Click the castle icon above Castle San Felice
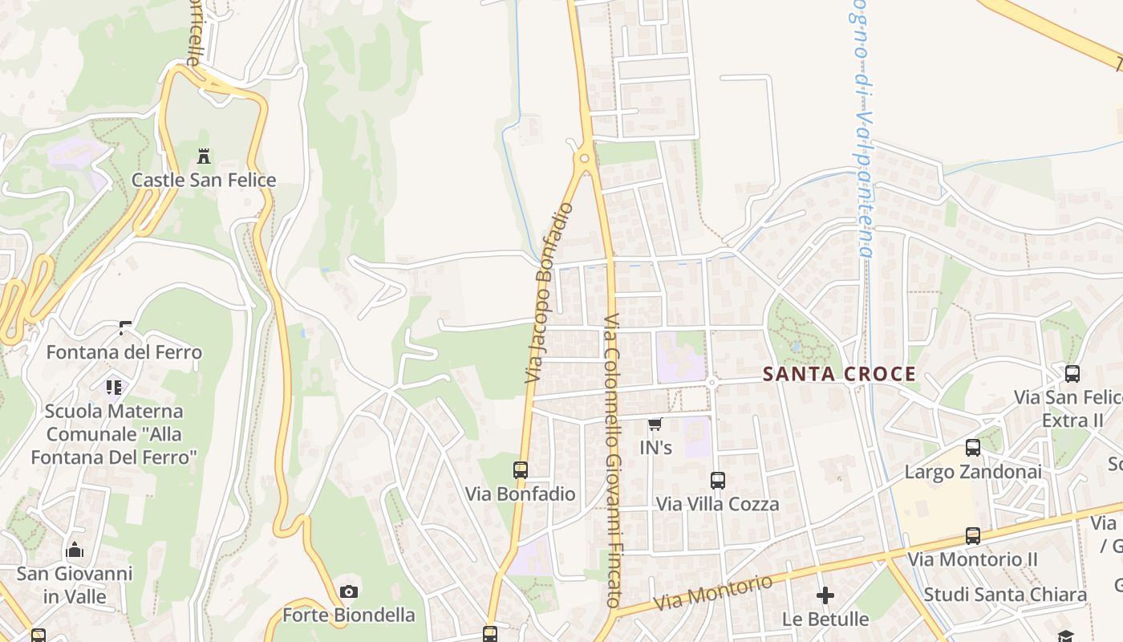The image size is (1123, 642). (x=204, y=156)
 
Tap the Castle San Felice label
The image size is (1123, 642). (x=204, y=180)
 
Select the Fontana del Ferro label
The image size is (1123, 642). (x=124, y=352)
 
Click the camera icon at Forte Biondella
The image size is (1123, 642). (x=349, y=592)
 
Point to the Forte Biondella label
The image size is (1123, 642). (x=349, y=616)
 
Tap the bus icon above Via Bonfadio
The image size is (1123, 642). (x=521, y=470)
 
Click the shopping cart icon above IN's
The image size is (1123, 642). (x=655, y=425)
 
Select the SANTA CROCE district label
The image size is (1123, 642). (x=839, y=374)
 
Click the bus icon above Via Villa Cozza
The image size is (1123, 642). (x=718, y=481)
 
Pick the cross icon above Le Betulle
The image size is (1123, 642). (x=825, y=595)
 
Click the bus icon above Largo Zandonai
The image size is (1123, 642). (x=973, y=448)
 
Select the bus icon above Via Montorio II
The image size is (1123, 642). (x=973, y=535)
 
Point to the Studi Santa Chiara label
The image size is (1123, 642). (x=1005, y=595)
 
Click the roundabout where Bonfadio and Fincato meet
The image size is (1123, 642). (x=585, y=159)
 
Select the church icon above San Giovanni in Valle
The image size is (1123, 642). (x=75, y=550)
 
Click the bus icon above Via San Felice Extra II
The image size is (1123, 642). (x=1072, y=374)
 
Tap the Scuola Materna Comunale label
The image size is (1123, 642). (x=114, y=434)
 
